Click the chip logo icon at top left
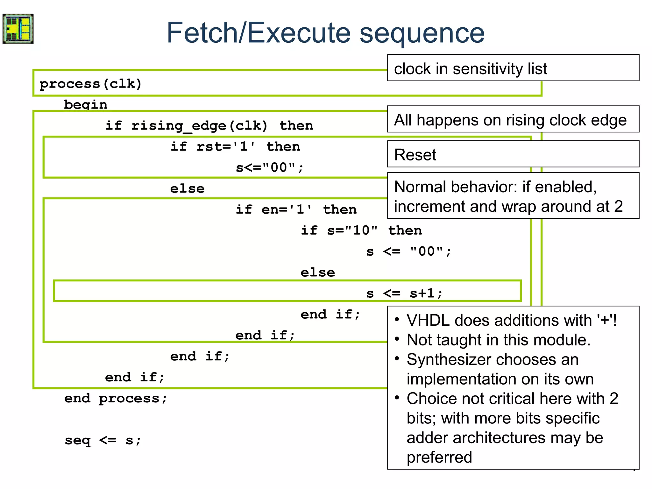coord(18,29)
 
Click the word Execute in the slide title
coord(299,33)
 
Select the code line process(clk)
coord(90,84)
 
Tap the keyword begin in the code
coord(86,105)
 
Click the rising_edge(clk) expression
coord(200,126)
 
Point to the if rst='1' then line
coord(235,147)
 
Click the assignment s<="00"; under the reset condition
coord(270,168)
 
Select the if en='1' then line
coord(296,209)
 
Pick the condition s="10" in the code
coord(352,230)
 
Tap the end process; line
coord(116,398)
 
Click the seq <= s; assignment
coord(103,440)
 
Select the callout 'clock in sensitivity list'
coord(471,69)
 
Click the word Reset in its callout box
coord(415,155)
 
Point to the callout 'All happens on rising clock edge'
coord(510,120)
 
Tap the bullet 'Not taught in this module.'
coord(499,340)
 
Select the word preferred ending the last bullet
coord(439,457)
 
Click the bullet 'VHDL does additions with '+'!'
coord(512,320)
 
